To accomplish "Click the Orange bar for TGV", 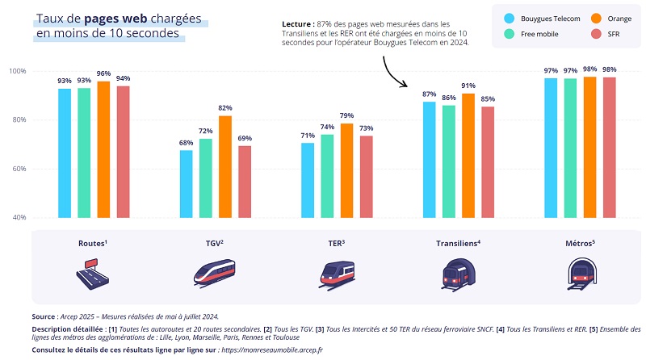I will click(225, 167).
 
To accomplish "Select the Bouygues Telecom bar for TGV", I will click(187, 184).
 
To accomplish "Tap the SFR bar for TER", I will click(367, 177).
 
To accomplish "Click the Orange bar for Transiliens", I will click(468, 156).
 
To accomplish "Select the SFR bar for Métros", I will click(610, 148).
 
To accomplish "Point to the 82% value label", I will click(225, 108).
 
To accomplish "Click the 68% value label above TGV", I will click(187, 143).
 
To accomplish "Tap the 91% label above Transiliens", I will click(468, 86).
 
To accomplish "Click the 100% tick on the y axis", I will click(17, 72).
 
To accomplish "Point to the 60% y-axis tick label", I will click(17, 170).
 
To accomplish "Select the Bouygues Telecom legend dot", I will click(510, 18).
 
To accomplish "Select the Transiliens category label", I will click(458, 242).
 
